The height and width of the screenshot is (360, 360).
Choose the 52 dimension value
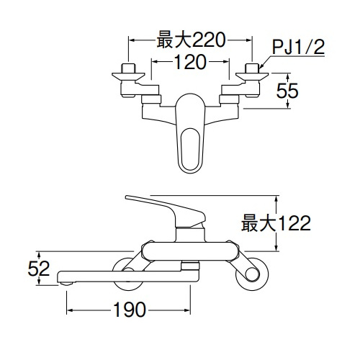click(x=40, y=269)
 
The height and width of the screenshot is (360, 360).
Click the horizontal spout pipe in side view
click(x=122, y=272)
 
